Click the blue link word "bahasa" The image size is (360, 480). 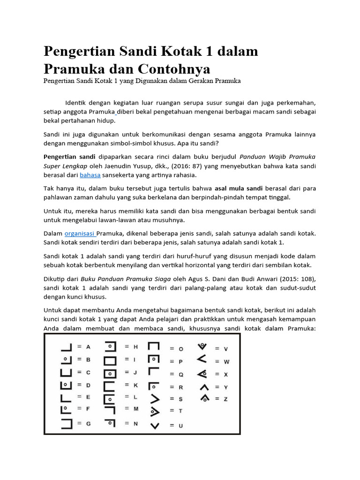(x=90, y=175)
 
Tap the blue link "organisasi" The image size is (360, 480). (x=80, y=233)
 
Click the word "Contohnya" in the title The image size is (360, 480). (x=174, y=68)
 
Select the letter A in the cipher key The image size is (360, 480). (x=88, y=347)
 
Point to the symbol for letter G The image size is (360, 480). (x=66, y=423)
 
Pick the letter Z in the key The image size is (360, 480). (x=225, y=398)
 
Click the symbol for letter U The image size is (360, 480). (x=154, y=426)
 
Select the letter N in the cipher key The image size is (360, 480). (x=135, y=423)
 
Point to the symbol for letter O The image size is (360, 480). (x=154, y=347)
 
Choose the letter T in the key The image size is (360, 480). (x=180, y=411)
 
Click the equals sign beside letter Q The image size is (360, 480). (x=172, y=374)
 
